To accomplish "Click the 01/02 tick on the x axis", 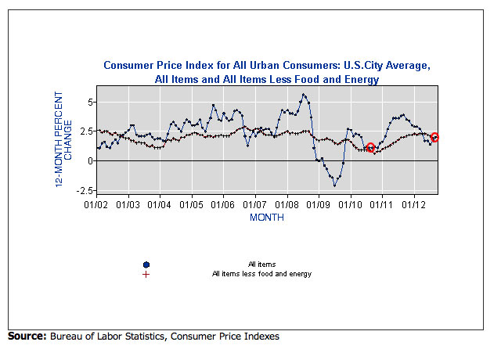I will coord(96,205).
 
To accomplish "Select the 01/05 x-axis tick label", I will coord(192,205).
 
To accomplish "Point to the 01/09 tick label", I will coord(319,205).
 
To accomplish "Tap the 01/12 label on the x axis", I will coord(414,205).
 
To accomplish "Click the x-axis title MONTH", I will coord(266,217).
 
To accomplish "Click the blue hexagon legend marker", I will coord(147,265).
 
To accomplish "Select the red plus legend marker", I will coord(147,275).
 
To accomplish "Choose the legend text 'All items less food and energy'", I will coord(261,274).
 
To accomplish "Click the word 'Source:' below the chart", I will coord(27,337).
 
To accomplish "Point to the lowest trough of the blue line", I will coord(334,185).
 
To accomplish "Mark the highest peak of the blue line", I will coord(304,95).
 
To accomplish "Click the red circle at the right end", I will coord(434,137).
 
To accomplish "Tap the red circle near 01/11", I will coord(371,148).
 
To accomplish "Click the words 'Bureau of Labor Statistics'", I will coord(103,337).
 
